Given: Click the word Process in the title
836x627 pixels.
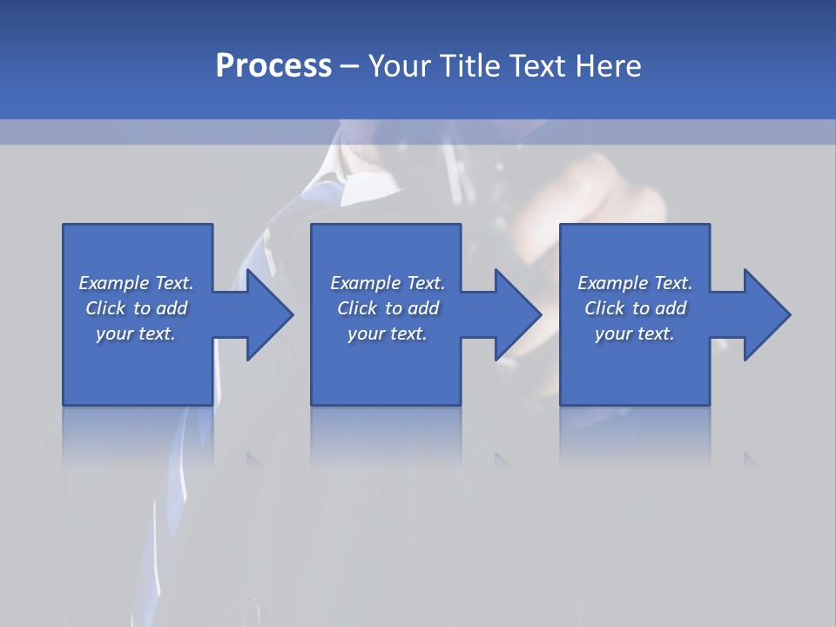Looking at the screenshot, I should [x=273, y=65].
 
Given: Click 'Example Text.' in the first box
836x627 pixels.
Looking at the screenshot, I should [x=136, y=283].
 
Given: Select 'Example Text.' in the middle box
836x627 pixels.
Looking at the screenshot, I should [x=388, y=283].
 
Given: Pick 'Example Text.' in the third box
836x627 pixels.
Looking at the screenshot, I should [x=635, y=283].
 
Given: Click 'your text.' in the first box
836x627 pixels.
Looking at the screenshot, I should [x=136, y=334].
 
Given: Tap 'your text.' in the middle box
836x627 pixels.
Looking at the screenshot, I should [x=388, y=334].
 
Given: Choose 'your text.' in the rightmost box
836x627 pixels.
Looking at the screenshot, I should [x=635, y=334].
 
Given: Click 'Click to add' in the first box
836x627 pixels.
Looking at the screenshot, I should [x=136, y=308].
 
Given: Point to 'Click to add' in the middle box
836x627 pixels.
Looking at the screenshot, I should [x=388, y=308].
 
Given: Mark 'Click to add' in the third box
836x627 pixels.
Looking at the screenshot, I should [x=635, y=308].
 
